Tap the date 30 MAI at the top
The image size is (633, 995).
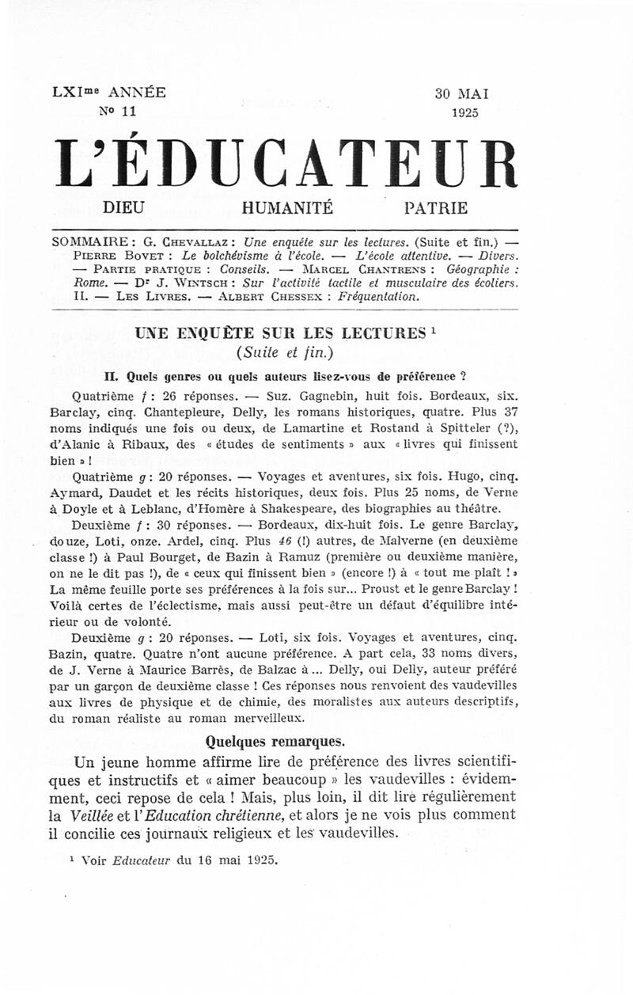pyautogui.click(x=462, y=93)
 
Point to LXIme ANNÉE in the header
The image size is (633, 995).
pyautogui.click(x=109, y=92)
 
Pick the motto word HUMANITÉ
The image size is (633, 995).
pyautogui.click(x=287, y=209)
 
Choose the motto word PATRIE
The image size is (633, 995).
pyautogui.click(x=435, y=209)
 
